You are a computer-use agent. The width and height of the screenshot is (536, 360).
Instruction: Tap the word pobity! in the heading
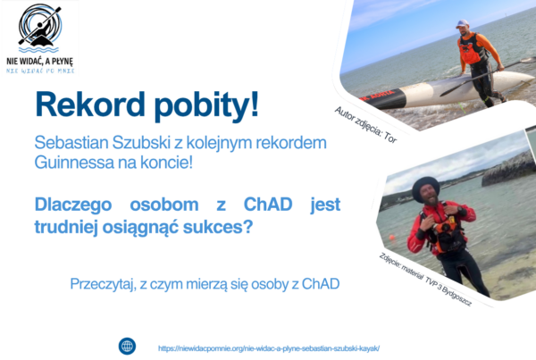coord(206,105)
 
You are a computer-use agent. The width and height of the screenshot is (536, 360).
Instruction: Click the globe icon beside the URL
coord(128,346)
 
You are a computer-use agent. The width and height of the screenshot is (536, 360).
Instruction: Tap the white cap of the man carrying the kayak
coord(462,23)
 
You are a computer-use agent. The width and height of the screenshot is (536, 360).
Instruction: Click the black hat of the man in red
coord(425,187)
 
